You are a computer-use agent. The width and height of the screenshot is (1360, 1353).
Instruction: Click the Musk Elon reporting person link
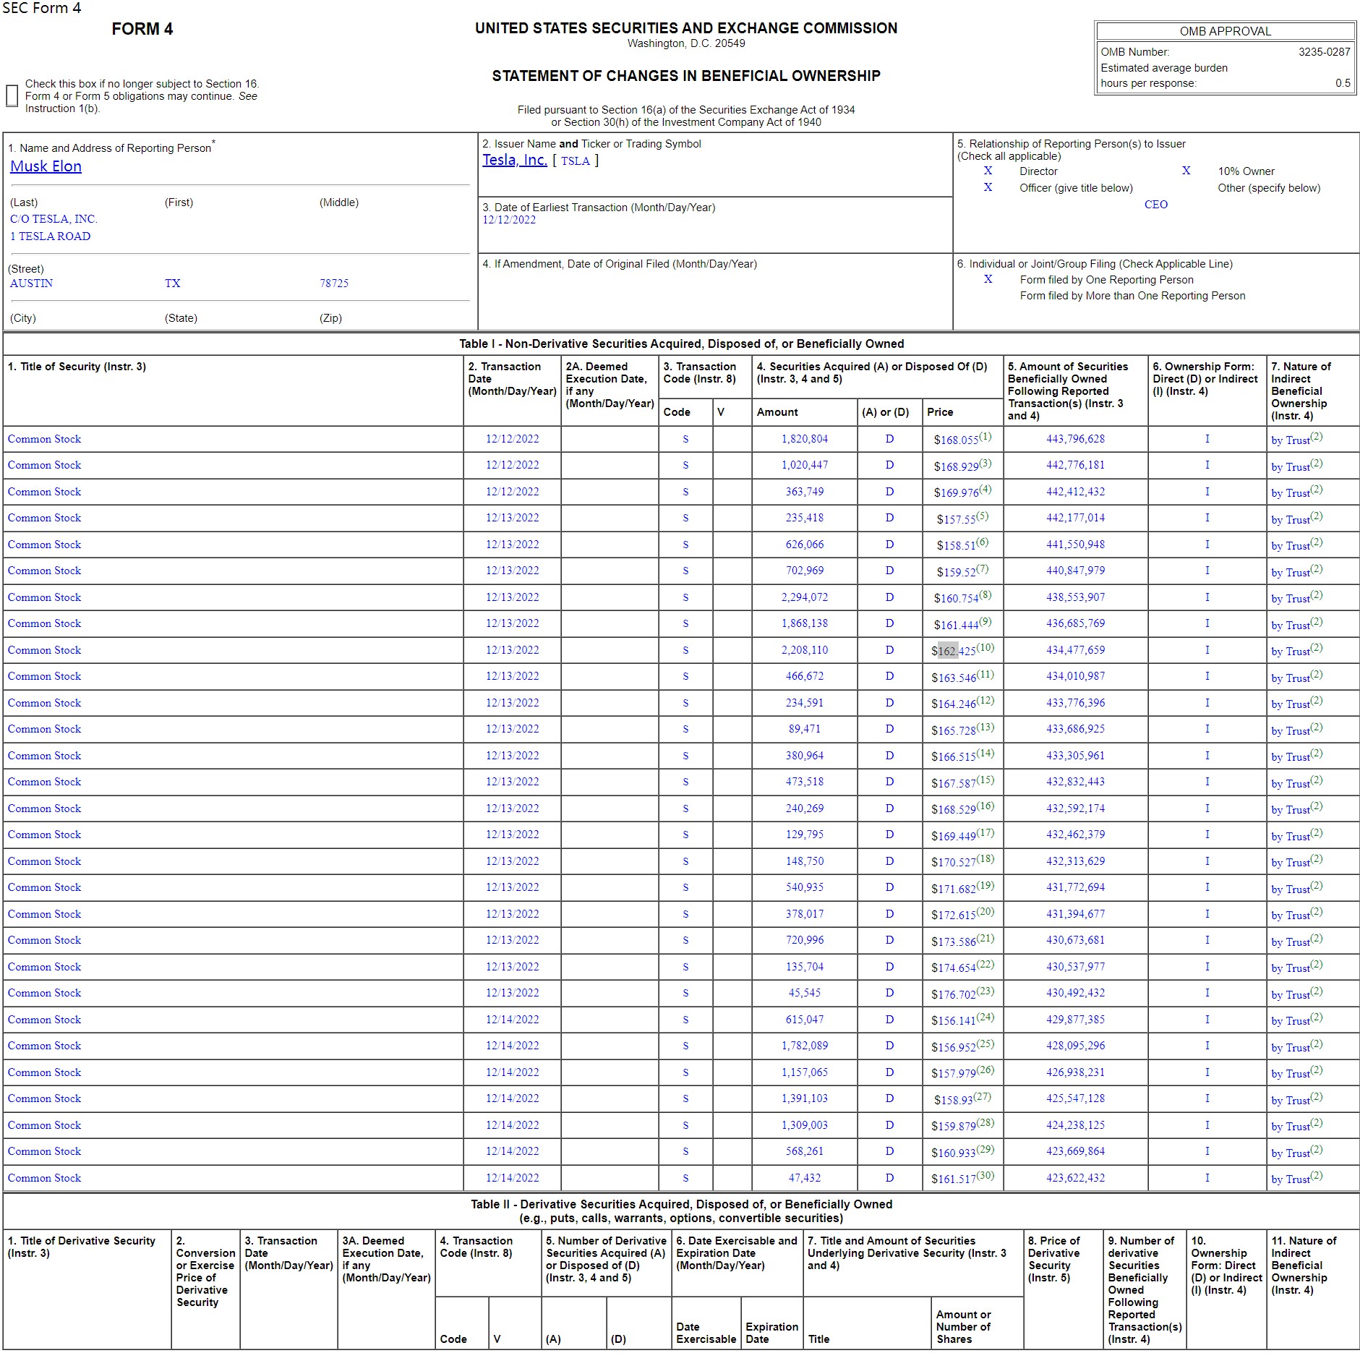[46, 166]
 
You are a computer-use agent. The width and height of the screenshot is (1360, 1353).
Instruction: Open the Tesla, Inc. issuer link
[514, 160]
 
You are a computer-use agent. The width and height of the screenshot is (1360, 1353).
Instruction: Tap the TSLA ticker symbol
[575, 161]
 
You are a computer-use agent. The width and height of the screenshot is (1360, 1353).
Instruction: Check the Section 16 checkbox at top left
[12, 95]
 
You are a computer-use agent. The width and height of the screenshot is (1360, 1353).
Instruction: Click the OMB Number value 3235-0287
[1324, 52]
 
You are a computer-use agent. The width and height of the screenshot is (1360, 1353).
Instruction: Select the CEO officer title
[1155, 205]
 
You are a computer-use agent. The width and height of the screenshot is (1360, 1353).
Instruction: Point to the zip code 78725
[334, 283]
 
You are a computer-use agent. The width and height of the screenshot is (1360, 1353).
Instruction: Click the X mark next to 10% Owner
[1186, 171]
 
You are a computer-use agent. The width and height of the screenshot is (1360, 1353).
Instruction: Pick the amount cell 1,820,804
[804, 439]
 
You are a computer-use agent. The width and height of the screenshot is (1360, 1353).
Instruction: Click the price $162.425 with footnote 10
[954, 651]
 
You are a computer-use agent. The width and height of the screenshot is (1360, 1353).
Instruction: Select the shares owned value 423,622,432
[1075, 1178]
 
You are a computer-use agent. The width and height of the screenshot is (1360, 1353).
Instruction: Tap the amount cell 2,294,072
[804, 597]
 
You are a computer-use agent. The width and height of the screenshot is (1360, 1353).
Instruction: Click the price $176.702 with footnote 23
[954, 994]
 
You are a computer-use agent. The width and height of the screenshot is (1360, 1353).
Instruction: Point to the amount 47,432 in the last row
[804, 1178]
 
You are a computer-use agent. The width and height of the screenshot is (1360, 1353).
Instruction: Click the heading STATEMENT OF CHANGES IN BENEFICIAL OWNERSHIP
[685, 76]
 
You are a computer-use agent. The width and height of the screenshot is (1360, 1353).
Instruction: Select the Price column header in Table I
[940, 412]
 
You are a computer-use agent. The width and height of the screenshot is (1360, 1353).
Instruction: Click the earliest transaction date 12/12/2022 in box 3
[509, 220]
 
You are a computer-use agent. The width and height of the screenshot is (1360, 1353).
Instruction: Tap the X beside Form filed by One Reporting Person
[988, 279]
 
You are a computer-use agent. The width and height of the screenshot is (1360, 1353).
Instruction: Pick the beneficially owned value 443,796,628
[1075, 439]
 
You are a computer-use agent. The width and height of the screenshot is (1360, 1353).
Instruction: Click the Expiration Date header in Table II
[771, 1333]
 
